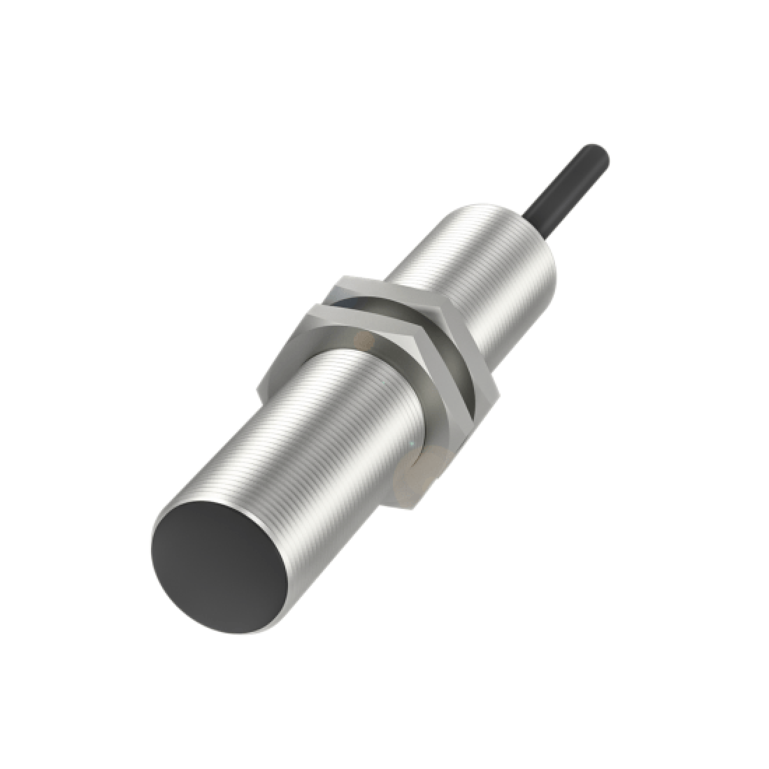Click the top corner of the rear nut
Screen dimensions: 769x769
343,280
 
